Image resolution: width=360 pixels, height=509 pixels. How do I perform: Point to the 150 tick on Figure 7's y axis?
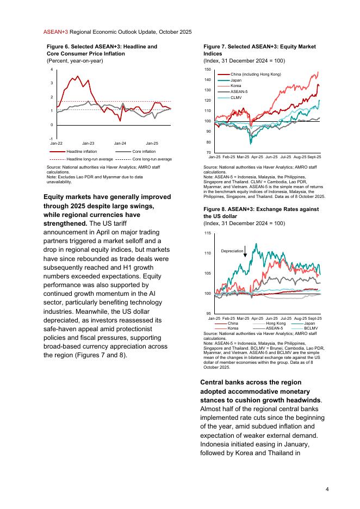coord(207,70)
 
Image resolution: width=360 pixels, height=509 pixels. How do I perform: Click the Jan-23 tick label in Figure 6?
coord(88,142)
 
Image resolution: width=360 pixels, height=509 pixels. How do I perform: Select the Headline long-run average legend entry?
coord(89,159)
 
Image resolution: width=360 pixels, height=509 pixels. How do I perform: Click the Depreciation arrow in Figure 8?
coord(245,251)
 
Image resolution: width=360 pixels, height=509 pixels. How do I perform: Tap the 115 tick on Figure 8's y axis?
coord(207,233)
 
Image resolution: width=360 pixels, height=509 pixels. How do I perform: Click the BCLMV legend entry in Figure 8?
coord(311,328)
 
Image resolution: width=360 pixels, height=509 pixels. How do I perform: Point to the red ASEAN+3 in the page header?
coord(55,33)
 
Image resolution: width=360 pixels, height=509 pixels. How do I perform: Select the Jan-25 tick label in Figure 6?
coord(152,142)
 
